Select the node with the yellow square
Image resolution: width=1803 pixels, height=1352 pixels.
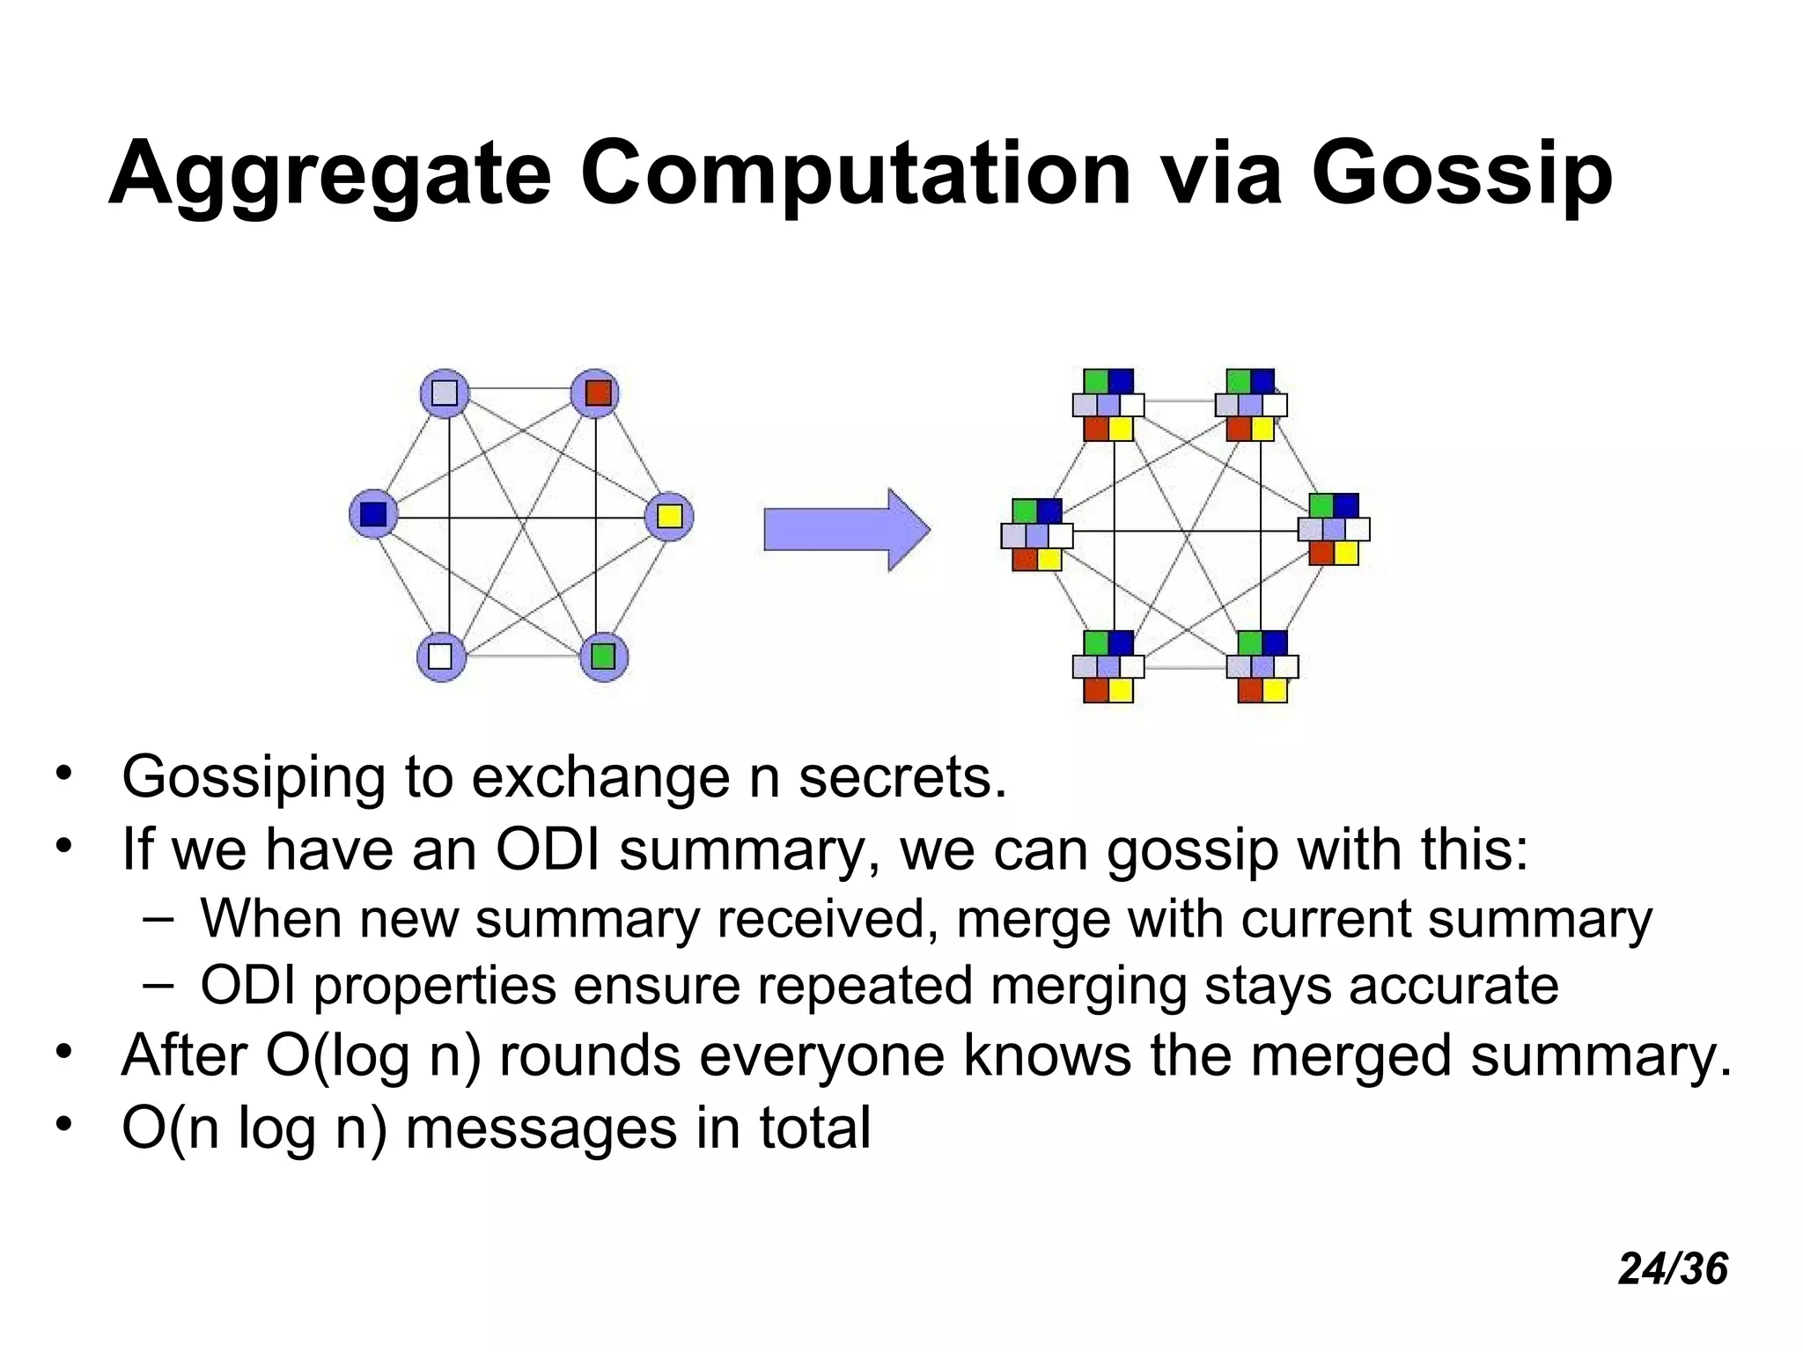[x=669, y=516]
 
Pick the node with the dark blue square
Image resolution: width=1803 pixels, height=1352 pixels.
[x=373, y=514]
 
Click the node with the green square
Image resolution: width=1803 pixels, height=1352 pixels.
[x=604, y=657]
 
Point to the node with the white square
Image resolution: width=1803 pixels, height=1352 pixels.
[x=440, y=657]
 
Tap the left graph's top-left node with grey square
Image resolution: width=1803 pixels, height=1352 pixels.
[x=445, y=393]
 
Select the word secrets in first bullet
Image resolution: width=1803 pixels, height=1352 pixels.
[x=901, y=778]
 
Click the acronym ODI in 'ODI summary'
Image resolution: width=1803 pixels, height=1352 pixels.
[x=548, y=850]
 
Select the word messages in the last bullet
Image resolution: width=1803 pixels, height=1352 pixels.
[x=541, y=1128]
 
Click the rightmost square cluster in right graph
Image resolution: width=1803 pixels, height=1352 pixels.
[x=1334, y=529]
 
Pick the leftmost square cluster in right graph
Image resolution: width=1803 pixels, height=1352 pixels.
[x=1037, y=534]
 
